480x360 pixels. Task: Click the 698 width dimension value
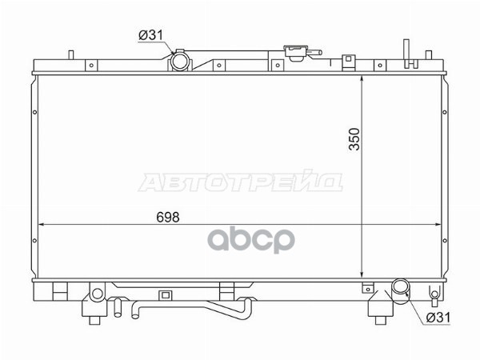[x=168, y=217]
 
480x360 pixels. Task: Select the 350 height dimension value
[x=354, y=139]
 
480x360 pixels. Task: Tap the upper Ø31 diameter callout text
[x=150, y=35]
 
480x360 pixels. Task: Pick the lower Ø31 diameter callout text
[x=438, y=318]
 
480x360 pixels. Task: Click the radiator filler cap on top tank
[x=296, y=52]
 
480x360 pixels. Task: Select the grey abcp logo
[x=251, y=240]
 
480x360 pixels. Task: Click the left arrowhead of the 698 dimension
[x=41, y=224]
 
